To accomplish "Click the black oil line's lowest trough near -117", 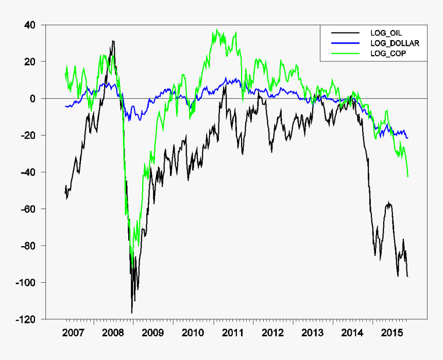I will [132, 313].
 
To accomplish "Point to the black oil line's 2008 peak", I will [113, 41].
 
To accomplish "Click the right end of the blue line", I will [408, 138].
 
